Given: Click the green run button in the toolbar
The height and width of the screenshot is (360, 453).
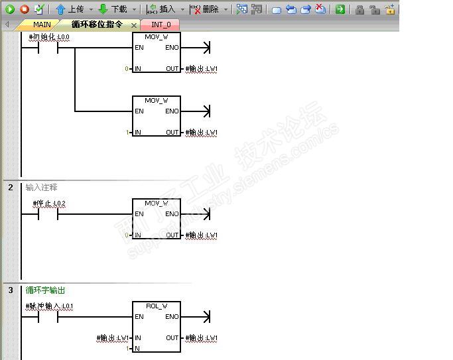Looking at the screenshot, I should click(x=10, y=9).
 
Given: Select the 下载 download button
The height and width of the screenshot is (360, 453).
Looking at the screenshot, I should click(x=113, y=9).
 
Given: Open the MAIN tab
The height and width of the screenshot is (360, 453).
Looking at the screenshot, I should click(x=42, y=25).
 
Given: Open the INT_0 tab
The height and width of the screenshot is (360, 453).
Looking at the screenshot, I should click(x=161, y=25).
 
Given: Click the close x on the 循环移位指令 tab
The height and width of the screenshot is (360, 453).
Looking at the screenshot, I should click(x=134, y=25).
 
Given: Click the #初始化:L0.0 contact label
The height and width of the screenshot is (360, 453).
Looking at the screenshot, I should click(x=49, y=37).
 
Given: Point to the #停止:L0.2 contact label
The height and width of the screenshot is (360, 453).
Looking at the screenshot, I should click(x=49, y=204).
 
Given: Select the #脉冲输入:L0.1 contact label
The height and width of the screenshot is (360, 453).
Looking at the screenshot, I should click(x=49, y=306).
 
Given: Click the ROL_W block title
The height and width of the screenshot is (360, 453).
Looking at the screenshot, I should click(x=156, y=306).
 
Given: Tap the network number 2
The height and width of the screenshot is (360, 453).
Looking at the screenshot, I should click(x=11, y=188).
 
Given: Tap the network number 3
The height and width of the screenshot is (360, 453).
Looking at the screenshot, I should click(x=11, y=290).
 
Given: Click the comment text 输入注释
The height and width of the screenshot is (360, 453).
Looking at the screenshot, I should click(x=41, y=188).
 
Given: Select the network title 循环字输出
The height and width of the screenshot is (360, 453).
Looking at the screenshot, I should click(x=45, y=290).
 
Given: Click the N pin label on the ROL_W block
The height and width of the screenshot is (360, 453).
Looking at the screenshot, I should click(x=137, y=349).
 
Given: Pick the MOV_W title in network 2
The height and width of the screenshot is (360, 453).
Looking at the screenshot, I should click(x=156, y=204).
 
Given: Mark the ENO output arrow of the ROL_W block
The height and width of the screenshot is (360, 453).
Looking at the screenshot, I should click(x=206, y=317).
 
